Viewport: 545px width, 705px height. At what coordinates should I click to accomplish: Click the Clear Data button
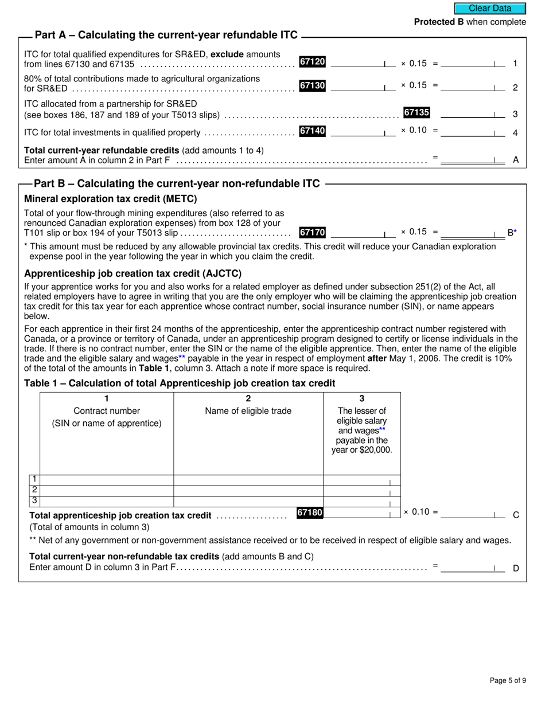(490, 8)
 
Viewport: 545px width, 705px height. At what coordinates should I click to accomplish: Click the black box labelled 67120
(312, 61)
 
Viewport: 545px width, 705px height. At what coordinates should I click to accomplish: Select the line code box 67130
(312, 85)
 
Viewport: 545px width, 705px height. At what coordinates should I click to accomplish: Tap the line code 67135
(416, 113)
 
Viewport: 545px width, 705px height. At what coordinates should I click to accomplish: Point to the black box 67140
(312, 131)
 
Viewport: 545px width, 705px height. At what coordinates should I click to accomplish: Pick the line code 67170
(312, 232)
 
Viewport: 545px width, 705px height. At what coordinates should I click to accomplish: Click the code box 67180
(310, 513)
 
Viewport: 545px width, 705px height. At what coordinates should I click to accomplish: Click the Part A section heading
(166, 35)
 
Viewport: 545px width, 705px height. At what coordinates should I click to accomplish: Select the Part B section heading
(177, 183)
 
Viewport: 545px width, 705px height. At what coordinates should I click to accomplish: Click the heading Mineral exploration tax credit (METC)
(110, 199)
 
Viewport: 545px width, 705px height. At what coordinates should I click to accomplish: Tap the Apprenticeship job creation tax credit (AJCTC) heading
(133, 273)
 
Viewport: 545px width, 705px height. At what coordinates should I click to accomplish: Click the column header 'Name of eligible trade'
(248, 410)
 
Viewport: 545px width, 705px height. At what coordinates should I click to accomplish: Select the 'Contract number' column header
(107, 410)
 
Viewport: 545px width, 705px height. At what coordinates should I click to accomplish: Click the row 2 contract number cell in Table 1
(107, 491)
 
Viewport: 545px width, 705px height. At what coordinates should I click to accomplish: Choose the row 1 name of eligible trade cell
(248, 480)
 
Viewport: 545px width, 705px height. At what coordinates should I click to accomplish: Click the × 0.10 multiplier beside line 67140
(414, 130)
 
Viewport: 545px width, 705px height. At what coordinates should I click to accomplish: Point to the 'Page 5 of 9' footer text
(508, 680)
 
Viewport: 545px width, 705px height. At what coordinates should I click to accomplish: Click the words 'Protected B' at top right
(439, 22)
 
